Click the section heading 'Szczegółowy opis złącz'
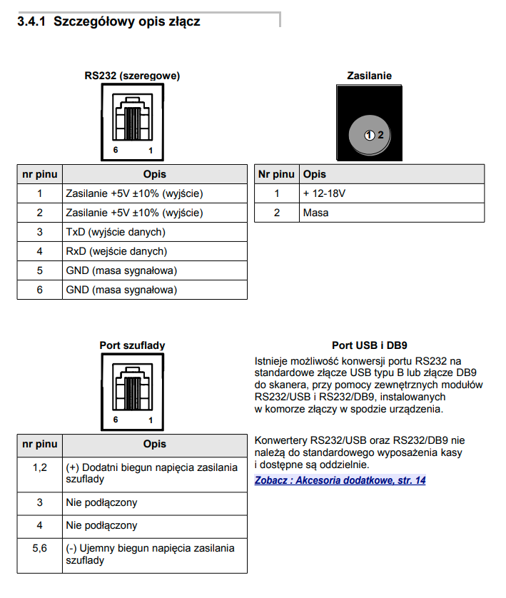(x=126, y=22)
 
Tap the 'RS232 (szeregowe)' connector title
(x=132, y=76)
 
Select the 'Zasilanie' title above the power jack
(x=369, y=76)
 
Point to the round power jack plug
(x=370, y=134)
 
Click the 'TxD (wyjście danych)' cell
(x=116, y=232)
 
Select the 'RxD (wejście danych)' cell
(x=116, y=251)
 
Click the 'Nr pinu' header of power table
(x=275, y=174)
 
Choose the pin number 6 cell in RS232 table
(x=40, y=290)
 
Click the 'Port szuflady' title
(x=132, y=345)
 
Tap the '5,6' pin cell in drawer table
(x=40, y=548)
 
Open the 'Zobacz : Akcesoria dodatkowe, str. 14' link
(x=340, y=480)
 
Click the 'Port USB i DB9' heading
(x=369, y=345)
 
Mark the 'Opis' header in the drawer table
(x=154, y=444)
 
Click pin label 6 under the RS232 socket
(x=115, y=151)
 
